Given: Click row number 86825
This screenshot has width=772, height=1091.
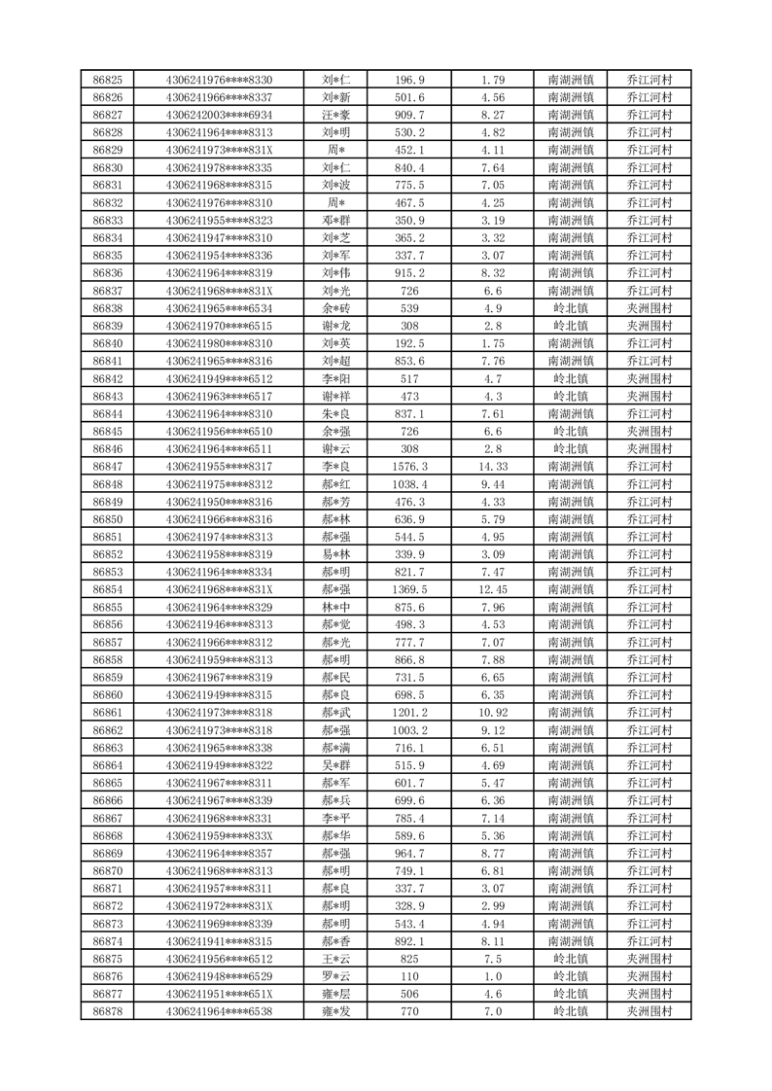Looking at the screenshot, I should coord(107,80).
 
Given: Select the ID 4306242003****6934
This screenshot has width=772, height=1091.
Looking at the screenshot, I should coord(220,115).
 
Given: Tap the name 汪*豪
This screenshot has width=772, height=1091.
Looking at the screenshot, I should coord(335,115).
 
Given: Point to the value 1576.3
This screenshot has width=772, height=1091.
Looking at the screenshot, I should coord(409,467).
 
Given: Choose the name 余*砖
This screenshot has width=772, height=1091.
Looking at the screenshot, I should coord(335,308).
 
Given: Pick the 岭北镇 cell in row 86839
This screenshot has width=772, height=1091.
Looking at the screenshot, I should coord(572,326).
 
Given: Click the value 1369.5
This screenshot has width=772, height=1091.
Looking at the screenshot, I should coord(409,589).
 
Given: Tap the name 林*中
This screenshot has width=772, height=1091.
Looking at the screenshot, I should coord(335,607).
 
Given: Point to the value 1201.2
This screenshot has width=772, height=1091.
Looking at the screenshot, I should coord(409,713).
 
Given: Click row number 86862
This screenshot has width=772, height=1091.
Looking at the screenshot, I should coord(107,730).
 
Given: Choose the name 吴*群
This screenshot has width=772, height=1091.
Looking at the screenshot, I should coord(335,765).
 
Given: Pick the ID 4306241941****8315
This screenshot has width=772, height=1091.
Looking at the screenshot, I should coord(220,941).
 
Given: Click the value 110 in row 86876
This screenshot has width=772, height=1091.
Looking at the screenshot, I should coord(409,976).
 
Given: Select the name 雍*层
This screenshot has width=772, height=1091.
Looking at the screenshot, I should coord(335,994).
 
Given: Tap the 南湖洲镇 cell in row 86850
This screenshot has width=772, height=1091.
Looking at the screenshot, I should coord(572,519).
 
